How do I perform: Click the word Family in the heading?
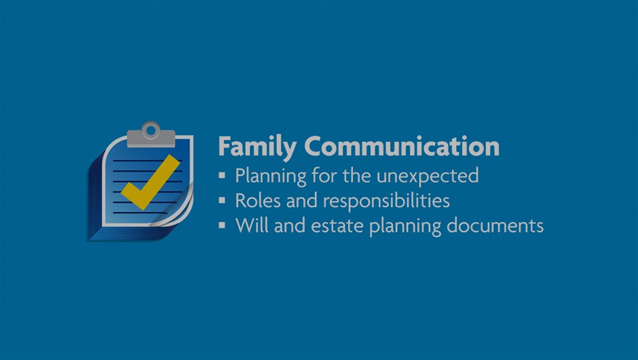257,147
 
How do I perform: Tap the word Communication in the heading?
402,146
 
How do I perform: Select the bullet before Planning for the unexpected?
222,175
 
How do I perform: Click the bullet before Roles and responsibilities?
222,200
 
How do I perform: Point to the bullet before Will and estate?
222,225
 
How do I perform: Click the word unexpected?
427,177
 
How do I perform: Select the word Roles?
258,200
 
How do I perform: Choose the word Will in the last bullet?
252,226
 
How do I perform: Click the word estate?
337,226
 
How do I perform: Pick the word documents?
495,226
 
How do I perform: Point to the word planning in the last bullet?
405,227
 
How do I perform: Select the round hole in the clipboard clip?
151,130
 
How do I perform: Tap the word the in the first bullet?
357,176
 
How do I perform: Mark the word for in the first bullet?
324,176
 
